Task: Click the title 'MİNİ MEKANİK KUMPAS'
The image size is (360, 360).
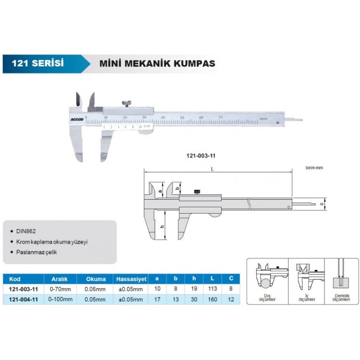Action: (x=157, y=63)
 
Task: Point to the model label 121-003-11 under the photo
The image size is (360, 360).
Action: (x=200, y=156)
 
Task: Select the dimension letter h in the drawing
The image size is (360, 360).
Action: (x=162, y=226)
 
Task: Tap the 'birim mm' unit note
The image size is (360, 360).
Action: (x=315, y=168)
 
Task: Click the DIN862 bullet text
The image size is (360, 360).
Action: (x=26, y=231)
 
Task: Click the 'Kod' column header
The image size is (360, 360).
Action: (x=14, y=278)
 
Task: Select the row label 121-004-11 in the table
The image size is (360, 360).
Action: (x=24, y=300)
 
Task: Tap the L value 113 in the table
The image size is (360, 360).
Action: (x=213, y=289)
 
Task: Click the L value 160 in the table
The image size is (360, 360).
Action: (x=213, y=300)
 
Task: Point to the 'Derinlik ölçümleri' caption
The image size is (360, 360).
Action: (x=341, y=297)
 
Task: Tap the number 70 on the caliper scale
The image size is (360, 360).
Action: (x=220, y=117)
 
